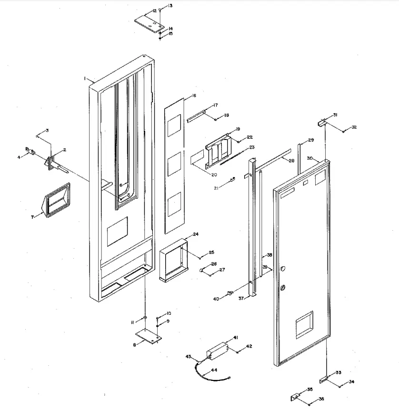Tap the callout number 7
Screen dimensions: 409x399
33,217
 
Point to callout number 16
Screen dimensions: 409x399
194,96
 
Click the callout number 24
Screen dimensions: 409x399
195,234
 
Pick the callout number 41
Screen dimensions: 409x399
235,338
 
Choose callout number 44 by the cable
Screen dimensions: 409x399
214,370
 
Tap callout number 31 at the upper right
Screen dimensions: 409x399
335,115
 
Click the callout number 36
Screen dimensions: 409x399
321,399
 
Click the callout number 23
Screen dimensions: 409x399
252,147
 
